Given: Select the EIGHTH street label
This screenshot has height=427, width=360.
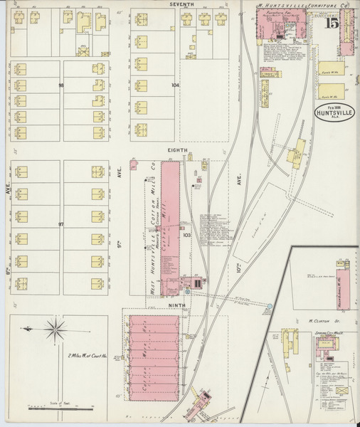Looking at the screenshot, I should point(177,150).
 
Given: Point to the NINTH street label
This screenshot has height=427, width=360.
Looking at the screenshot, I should point(176,305).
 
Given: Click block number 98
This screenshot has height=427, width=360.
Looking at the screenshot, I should point(61,85).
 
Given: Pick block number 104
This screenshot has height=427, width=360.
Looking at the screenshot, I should point(174,85).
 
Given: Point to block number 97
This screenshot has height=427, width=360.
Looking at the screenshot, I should point(61,224).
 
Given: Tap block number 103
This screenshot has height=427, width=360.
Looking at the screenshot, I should point(187,234).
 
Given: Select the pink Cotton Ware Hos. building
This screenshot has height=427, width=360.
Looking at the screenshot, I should point(151,357).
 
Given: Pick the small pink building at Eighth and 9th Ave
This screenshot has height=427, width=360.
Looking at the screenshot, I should point(133,165).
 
